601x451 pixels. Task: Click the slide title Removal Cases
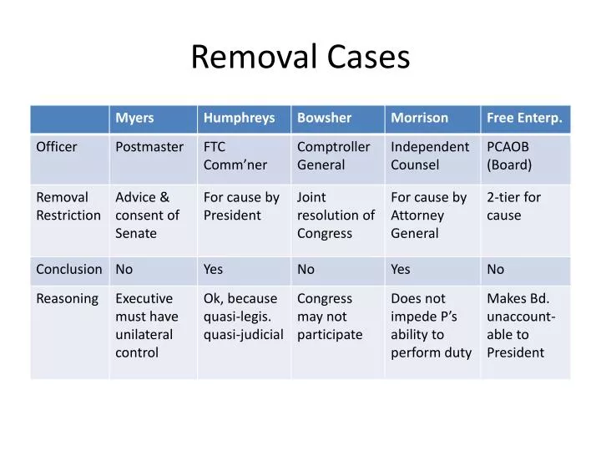pyautogui.click(x=300, y=57)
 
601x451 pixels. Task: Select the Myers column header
pyautogui.click(x=134, y=119)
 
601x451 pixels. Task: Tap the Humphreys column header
pyautogui.click(x=239, y=119)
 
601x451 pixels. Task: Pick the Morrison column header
pyautogui.click(x=419, y=119)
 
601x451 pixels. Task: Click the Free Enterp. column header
pyautogui.click(x=524, y=119)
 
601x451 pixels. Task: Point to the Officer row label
pyautogui.click(x=57, y=148)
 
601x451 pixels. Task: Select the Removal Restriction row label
pyautogui.click(x=68, y=206)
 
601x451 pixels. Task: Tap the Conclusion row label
pyautogui.click(x=69, y=270)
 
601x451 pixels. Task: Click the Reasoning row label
pyautogui.click(x=67, y=299)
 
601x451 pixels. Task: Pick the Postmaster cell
pyautogui.click(x=149, y=148)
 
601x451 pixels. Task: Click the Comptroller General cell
pyautogui.click(x=333, y=156)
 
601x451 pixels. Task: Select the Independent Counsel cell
pyautogui.click(x=430, y=156)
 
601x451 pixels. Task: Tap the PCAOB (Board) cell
pyautogui.click(x=509, y=156)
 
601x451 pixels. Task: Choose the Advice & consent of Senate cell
pyautogui.click(x=147, y=215)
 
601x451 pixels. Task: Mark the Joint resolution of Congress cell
pyautogui.click(x=336, y=215)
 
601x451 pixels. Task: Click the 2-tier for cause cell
pyautogui.click(x=513, y=206)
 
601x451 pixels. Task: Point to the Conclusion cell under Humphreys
pyautogui.click(x=214, y=270)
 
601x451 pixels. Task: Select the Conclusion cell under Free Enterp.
pyautogui.click(x=496, y=270)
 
